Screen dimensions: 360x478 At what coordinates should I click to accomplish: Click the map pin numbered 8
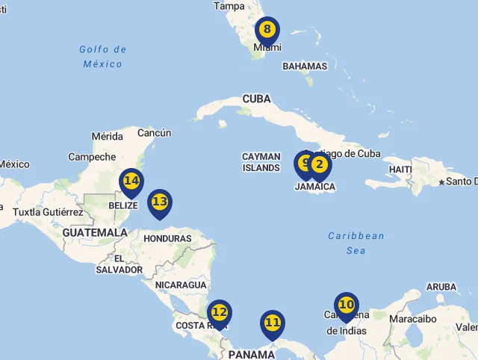point(267,31)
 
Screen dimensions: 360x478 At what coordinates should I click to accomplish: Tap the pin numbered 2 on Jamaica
point(319,165)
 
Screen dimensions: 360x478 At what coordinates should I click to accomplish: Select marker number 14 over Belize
point(131,181)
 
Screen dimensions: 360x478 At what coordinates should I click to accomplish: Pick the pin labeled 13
point(159,202)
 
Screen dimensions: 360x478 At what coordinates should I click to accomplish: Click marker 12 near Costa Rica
point(219,312)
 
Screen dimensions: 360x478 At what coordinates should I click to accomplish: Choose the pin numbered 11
point(273,323)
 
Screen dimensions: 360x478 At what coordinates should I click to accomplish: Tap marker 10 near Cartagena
point(346,305)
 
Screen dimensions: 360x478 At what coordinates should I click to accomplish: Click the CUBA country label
point(256,99)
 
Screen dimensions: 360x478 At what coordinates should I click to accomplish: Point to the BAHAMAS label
point(305,66)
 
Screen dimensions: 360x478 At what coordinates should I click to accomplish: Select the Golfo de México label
point(103,57)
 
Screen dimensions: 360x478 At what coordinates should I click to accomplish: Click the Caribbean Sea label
point(356,243)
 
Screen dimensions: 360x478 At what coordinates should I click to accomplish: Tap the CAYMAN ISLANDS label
point(261,162)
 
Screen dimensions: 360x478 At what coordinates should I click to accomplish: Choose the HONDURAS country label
point(167,239)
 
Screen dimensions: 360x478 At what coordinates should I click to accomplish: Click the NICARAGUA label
point(181,285)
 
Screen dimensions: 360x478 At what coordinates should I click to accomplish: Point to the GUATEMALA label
point(95,233)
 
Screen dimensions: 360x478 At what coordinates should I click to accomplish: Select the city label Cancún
point(155,133)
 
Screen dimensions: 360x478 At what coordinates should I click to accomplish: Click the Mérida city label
point(107,137)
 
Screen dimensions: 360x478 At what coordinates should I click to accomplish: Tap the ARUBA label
point(441,287)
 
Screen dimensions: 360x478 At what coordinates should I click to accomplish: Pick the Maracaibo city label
point(412,319)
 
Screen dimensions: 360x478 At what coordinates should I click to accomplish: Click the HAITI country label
point(400,170)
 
